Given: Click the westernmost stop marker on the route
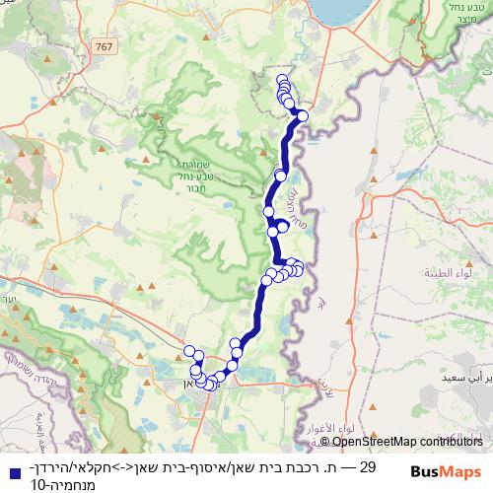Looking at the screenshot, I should pos(189,351).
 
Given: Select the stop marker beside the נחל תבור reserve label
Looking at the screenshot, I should pos(280,176).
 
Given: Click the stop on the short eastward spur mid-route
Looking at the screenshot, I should pos(283,226).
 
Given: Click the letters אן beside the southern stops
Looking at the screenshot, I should pos(189,383).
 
